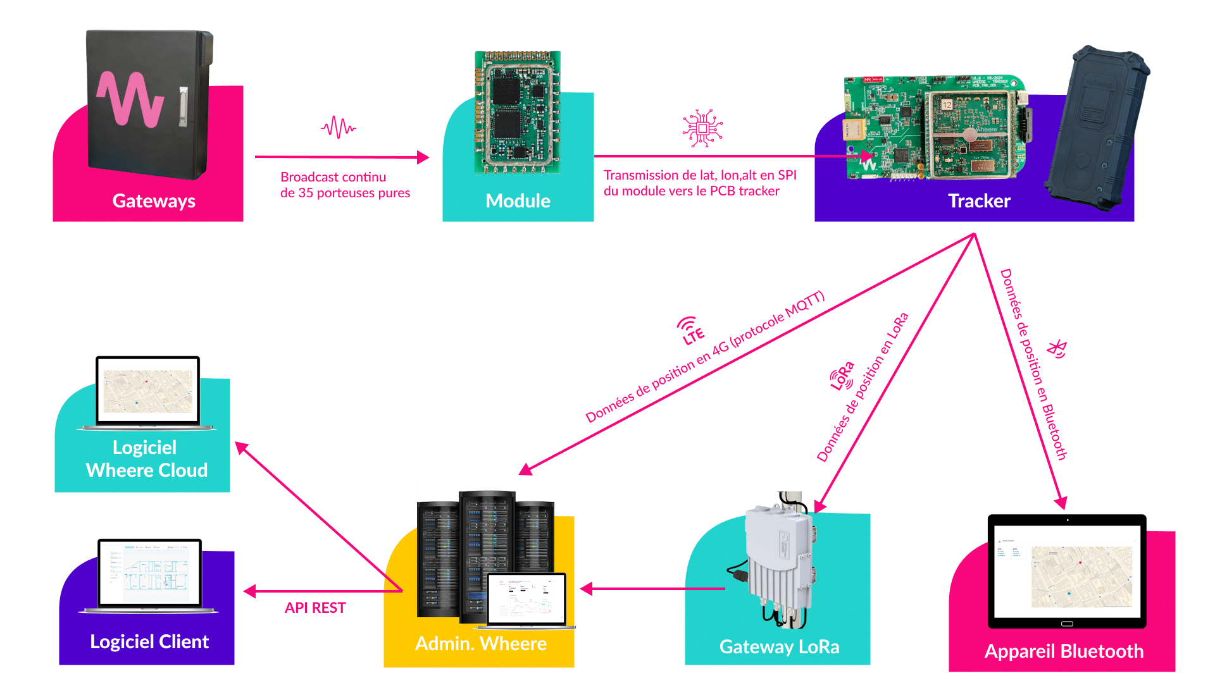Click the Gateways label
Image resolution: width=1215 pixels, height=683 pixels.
(154, 201)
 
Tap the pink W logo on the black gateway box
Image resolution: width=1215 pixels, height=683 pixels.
(130, 99)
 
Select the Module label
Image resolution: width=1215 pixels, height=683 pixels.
(518, 201)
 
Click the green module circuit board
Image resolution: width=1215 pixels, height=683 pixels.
(518, 112)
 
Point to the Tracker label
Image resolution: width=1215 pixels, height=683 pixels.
(979, 201)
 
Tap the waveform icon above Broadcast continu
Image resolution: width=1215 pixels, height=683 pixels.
(339, 127)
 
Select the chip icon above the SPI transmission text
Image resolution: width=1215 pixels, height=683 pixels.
(702, 128)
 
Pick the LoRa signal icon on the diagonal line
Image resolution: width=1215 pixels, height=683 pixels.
(842, 377)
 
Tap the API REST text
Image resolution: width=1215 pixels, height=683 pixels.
(315, 608)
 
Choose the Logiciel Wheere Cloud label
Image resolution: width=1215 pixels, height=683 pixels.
(146, 458)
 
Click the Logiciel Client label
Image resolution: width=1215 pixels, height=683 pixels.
(149, 642)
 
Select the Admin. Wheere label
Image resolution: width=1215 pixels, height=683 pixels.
(481, 644)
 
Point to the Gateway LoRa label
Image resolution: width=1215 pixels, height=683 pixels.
(779, 647)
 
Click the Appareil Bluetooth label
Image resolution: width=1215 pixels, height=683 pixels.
(1064, 651)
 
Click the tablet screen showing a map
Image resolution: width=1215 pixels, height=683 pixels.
(1067, 571)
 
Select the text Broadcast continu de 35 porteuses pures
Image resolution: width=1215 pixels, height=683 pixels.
(345, 185)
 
